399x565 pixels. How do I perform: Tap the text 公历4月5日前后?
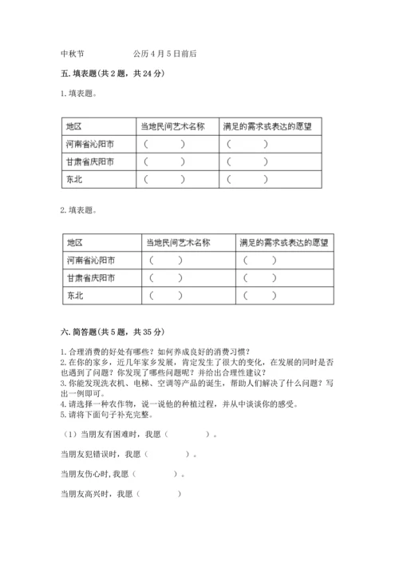[x=166, y=54]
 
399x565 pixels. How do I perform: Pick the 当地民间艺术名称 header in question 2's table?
[x=178, y=242]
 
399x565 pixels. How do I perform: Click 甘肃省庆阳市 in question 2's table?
[x=92, y=278]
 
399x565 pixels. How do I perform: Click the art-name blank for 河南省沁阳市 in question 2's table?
[x=165, y=260]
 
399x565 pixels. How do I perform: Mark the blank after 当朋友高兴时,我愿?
[x=159, y=494]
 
